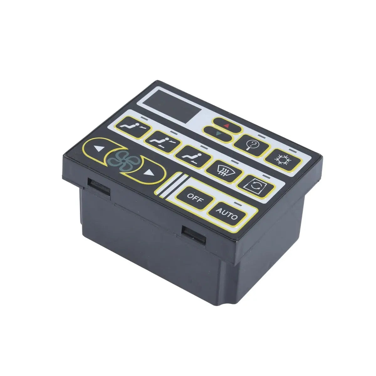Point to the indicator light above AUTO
point(240,204)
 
